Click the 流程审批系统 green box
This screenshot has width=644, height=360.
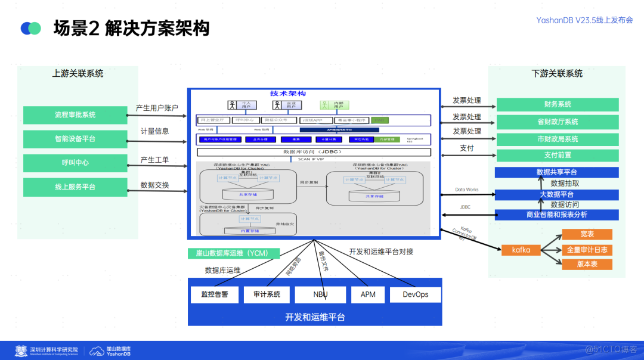pos(75,114)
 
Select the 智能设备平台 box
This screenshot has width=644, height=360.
pos(75,139)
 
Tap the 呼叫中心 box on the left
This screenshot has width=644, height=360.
pos(75,163)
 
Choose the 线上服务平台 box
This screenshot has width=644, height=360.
pos(75,187)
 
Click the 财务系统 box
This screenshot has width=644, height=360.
pos(557,104)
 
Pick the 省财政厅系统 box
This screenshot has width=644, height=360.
pos(557,122)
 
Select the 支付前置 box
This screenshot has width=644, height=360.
pos(557,155)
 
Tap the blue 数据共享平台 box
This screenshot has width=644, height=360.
pos(557,172)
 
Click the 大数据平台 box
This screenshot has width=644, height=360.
pos(557,194)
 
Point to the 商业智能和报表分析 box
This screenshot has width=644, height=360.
pos(557,215)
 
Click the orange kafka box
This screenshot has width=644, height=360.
pos(521,250)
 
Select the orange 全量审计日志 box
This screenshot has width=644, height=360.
pos(587,250)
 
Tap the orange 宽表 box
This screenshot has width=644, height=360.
pos(587,234)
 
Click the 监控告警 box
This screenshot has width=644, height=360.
pos(215,294)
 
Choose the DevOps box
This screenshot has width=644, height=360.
pos(416,294)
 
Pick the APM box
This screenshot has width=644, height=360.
pos(368,294)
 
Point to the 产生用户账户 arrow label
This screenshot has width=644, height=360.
pos(157,108)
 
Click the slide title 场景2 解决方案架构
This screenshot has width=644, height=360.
pos(131,28)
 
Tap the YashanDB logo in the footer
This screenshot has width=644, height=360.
pos(110,351)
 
